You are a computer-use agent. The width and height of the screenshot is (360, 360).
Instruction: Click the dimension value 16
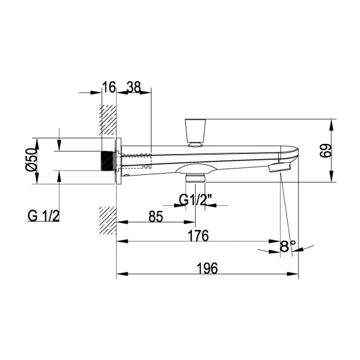[108, 87]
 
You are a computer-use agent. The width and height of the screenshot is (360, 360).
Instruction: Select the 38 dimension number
[134, 87]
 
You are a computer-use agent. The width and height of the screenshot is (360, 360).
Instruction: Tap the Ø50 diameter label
[31, 160]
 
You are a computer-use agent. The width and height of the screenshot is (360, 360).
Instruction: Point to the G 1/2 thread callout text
[43, 216]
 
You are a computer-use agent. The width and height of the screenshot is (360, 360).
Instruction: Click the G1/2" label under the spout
[195, 200]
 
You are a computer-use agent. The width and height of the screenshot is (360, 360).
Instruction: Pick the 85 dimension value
[156, 216]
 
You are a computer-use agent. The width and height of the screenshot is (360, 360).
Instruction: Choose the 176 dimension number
[198, 236]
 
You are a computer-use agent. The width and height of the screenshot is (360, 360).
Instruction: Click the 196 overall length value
[207, 268]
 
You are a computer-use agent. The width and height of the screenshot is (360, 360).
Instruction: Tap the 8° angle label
[288, 246]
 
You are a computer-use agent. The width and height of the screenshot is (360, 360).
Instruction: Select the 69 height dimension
[326, 151]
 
